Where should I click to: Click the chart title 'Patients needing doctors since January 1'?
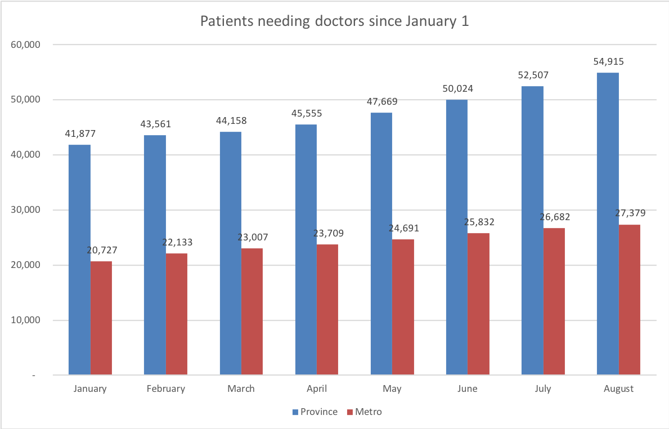[334, 22]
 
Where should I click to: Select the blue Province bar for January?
[79, 260]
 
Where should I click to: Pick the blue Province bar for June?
[457, 237]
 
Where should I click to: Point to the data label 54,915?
[609, 62]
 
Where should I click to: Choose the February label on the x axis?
[165, 388]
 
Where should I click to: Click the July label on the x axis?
[543, 388]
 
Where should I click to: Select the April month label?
[317, 388]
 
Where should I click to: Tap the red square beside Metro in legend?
[349, 412]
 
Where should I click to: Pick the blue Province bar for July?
[532, 230]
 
